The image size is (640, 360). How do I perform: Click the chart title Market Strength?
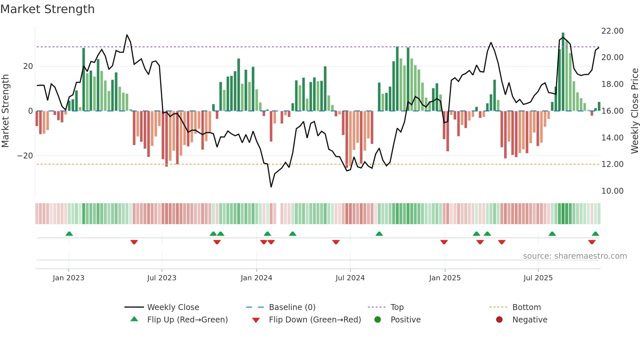[47, 9]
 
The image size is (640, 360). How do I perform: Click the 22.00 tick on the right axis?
[612, 31]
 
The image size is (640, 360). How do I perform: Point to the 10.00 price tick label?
[612, 191]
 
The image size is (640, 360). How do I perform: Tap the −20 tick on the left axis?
[25, 156]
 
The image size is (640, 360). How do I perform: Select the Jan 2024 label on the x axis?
[256, 278]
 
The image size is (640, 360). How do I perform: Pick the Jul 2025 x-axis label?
[538, 278]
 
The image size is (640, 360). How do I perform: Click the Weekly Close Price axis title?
[634, 111]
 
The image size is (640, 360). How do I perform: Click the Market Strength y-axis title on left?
[5, 111]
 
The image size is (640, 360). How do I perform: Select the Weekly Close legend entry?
[173, 307]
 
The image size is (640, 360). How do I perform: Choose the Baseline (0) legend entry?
[292, 307]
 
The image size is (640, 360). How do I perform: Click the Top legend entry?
[397, 307]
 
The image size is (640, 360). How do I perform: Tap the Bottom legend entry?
[526, 307]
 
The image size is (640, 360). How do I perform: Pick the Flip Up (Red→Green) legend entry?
[187, 320]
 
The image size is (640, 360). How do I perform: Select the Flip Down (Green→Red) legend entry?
[315, 320]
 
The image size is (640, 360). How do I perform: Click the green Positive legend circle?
[378, 320]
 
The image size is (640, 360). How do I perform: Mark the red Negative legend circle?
[499, 320]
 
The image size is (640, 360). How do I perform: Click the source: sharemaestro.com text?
[575, 256]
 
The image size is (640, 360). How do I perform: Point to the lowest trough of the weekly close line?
[271, 187]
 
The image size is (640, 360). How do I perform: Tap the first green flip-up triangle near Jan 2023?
[69, 234]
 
